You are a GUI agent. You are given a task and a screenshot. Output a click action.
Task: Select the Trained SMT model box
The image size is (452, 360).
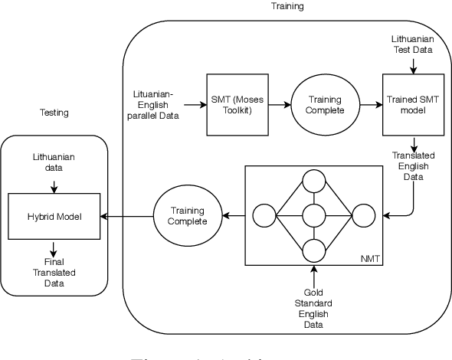(x=413, y=105)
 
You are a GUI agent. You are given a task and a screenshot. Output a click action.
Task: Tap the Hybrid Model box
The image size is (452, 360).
(x=54, y=217)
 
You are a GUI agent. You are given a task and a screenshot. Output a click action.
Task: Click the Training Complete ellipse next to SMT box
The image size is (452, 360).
(x=325, y=105)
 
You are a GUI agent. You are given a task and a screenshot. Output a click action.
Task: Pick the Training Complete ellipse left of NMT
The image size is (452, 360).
(x=189, y=217)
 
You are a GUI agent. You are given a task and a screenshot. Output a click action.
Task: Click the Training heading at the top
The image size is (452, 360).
(x=287, y=6)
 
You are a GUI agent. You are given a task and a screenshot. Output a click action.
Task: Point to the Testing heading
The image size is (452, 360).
(x=54, y=113)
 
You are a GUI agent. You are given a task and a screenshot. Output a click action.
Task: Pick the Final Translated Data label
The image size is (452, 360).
(x=54, y=272)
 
